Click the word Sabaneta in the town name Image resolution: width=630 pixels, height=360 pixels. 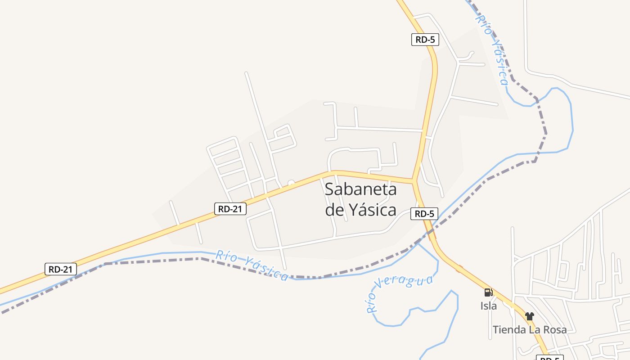[x=360, y=189]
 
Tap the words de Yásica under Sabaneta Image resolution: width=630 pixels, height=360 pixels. [x=360, y=210]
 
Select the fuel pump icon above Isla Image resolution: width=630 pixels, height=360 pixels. [x=488, y=292]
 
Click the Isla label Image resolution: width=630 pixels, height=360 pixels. [x=488, y=306]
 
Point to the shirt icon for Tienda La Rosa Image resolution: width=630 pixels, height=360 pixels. [x=530, y=316]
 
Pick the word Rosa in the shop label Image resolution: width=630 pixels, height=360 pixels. [x=553, y=330]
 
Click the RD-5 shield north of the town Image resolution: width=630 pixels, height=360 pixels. [x=425, y=40]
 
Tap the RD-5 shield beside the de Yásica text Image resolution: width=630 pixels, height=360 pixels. [x=424, y=214]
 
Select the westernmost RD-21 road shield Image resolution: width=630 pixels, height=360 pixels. [x=61, y=270]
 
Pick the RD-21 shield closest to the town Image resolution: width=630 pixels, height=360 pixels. [x=230, y=209]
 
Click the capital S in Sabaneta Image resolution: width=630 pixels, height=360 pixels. [x=330, y=189]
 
